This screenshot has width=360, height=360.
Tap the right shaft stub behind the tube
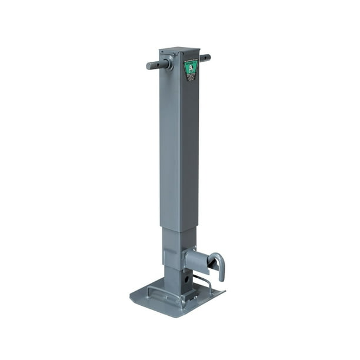point(205,58)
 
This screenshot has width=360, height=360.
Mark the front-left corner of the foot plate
point(133,294)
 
